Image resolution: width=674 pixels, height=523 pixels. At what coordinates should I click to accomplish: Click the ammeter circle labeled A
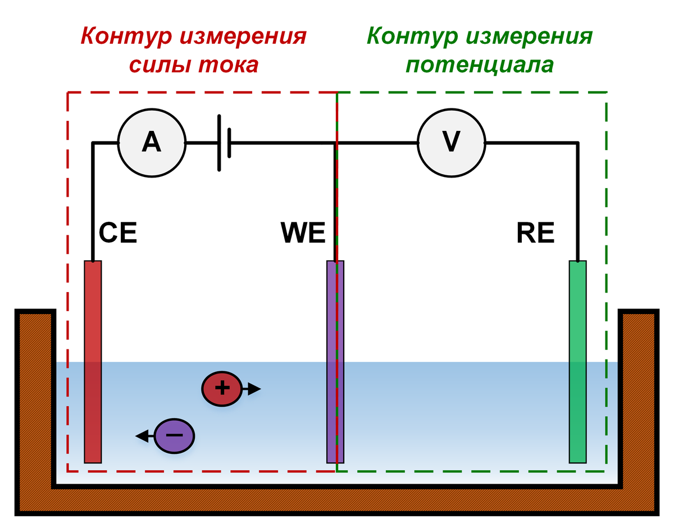click(151, 143)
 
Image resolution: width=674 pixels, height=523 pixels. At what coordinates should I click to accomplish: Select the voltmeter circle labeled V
click(451, 143)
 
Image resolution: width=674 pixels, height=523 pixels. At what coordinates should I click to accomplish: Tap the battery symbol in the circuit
click(224, 143)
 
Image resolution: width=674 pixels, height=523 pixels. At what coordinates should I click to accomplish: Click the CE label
click(118, 233)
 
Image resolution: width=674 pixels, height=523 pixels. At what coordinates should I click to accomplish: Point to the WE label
click(303, 233)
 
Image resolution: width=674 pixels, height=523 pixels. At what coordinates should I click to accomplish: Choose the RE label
click(535, 233)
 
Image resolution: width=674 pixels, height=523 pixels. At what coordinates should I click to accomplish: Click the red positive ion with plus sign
click(222, 388)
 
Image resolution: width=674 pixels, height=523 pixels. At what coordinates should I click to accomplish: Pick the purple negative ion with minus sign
click(175, 436)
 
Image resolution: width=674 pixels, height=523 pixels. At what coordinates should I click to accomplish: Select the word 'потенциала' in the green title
click(480, 65)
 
